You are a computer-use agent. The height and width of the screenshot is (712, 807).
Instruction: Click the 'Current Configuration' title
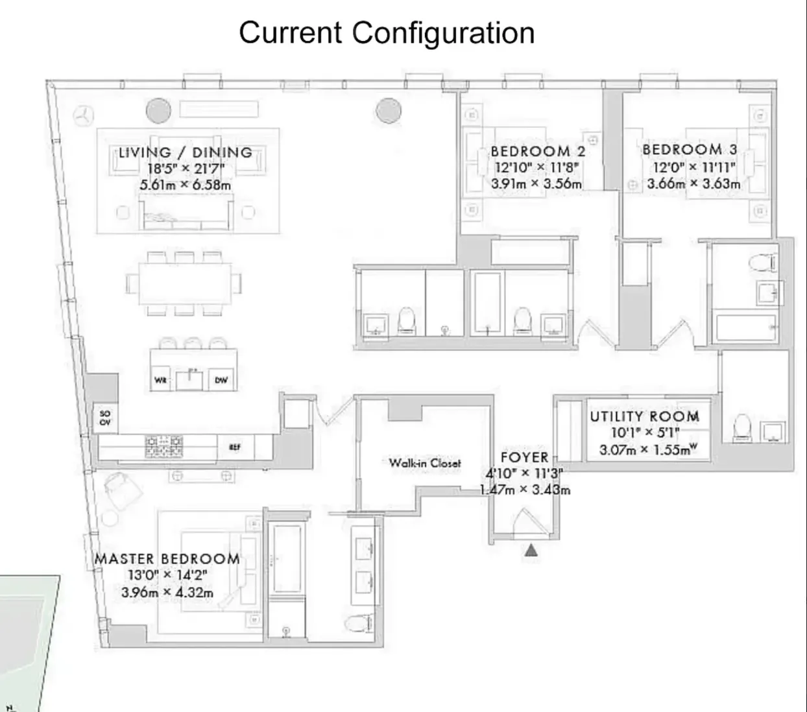coord(387,32)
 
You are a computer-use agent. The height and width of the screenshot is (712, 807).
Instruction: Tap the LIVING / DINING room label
coord(186,152)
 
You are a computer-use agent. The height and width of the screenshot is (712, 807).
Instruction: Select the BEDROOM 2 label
coord(538,151)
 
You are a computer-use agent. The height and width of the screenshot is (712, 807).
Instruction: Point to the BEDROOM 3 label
coord(690,150)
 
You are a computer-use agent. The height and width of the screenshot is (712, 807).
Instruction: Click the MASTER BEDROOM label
coord(167,559)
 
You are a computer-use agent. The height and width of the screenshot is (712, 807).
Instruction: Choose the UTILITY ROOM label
coord(645,416)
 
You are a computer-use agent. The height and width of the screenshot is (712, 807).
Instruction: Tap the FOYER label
coord(524,458)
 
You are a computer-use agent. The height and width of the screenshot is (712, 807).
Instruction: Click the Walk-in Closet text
coord(425,463)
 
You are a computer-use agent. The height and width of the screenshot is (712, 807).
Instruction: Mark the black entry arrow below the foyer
coord(531,551)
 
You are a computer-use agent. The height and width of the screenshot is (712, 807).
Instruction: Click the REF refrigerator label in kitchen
coord(235,447)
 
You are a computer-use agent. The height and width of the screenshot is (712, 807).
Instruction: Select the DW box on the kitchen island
coord(221,380)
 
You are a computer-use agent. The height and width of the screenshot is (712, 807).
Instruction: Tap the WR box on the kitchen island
coord(160,380)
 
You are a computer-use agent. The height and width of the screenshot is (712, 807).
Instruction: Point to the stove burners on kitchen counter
coord(163,446)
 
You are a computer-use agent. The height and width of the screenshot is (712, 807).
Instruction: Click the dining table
coord(184,283)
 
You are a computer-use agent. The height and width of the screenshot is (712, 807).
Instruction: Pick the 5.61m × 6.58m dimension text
coord(186,185)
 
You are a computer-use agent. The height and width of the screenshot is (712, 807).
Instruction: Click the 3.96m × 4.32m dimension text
coord(167,593)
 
